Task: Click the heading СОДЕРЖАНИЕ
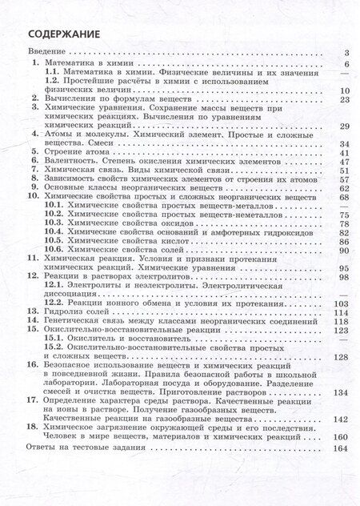(58, 34)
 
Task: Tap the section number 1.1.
(53, 73)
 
